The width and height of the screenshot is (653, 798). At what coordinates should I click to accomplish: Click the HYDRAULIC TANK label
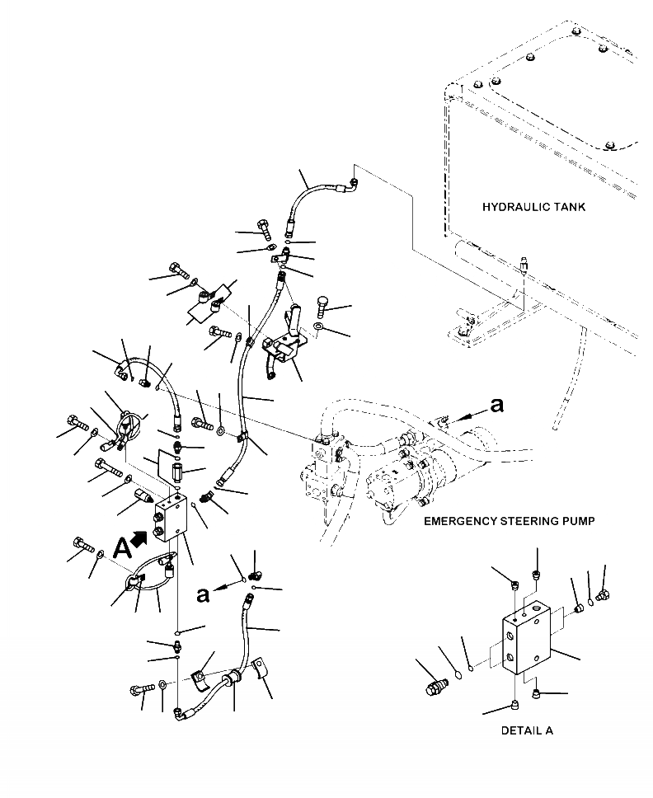(533, 207)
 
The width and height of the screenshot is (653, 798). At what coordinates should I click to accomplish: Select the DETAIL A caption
(527, 730)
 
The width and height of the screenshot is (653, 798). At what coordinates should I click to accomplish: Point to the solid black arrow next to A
(140, 538)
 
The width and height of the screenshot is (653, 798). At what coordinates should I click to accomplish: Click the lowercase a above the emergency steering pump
(496, 405)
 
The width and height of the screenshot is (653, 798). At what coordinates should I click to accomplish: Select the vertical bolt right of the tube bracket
(322, 307)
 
